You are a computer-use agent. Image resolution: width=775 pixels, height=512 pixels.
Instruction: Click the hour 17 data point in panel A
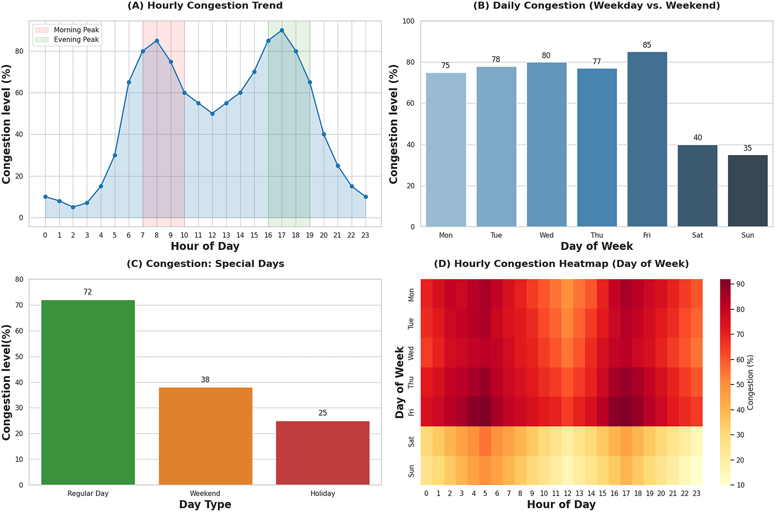pos(282,31)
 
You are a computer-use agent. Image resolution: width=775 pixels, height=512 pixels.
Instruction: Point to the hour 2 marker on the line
pos(73,207)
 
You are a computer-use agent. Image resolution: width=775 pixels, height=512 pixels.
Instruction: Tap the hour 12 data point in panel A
pos(212,114)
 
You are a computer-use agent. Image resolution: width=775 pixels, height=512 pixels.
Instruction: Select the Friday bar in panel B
pos(647,139)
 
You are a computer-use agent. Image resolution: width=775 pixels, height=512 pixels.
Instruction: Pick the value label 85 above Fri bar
pos(647,45)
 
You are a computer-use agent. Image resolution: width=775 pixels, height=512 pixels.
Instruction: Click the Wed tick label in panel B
pos(547,235)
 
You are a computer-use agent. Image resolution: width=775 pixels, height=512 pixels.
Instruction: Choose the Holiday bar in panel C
pos(323,453)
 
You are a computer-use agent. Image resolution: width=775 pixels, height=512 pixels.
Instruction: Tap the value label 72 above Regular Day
pos(88,292)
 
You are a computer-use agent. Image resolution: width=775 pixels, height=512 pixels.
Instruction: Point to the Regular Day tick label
pos(88,494)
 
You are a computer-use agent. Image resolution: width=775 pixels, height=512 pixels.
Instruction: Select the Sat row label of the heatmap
pos(411,441)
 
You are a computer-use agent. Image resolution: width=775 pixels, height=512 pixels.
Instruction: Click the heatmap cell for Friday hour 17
pos(626,412)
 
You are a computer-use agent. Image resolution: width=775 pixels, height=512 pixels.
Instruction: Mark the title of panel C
pos(205,264)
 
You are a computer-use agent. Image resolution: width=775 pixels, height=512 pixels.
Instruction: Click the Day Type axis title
pos(205,505)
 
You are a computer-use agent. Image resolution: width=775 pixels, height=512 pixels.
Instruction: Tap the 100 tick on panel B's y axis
pos(408,21)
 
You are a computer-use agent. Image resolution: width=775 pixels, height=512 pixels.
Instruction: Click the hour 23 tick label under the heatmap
pos(696,494)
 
